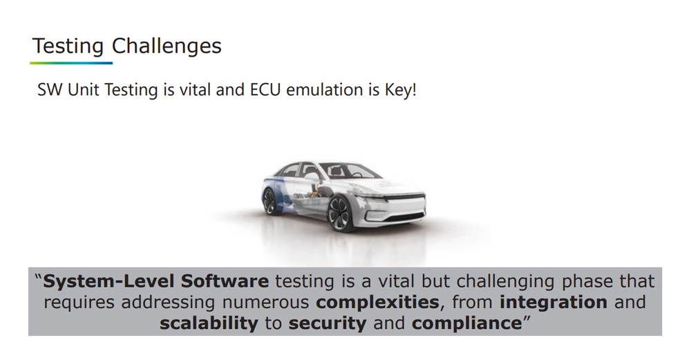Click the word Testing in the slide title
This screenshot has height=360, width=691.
pos(68,46)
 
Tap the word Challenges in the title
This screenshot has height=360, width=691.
pos(167,46)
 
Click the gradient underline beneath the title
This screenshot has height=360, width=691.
pos(71,63)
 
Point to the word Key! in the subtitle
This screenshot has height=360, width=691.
pos(400,89)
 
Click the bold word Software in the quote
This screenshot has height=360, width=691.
pos(225,281)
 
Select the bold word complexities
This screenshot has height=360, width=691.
pos(378,302)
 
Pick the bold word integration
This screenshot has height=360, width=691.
pos(553,302)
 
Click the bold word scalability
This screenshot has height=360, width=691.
pos(209,323)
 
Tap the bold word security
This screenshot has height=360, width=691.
pos(328,323)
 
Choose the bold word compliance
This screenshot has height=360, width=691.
pos(466,323)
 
